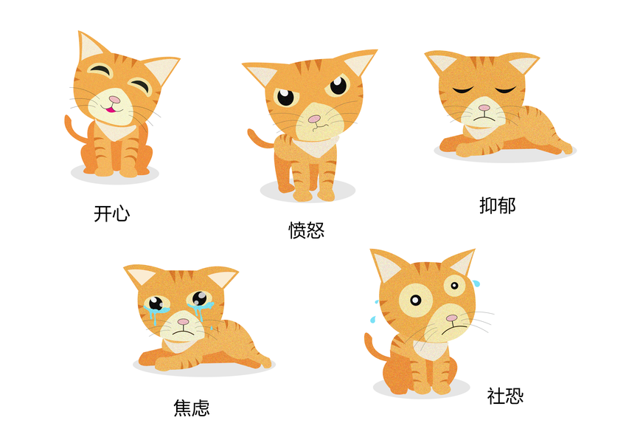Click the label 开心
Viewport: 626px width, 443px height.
112,213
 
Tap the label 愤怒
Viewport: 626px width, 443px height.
306,230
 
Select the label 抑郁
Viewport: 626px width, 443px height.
498,205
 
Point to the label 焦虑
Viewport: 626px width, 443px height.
192,408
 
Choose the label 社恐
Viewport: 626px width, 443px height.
505,396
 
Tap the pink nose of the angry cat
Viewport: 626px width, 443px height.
314,119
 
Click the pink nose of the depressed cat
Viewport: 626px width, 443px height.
484,108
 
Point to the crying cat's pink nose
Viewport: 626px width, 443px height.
184,321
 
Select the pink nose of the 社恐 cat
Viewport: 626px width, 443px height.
451,318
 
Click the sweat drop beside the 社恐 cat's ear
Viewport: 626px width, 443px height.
476,284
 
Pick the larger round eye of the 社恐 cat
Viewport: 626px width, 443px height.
416,301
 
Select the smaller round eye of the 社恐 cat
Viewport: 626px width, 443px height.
454,286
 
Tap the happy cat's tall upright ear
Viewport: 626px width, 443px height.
91,47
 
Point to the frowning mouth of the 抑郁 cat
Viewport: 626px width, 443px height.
484,118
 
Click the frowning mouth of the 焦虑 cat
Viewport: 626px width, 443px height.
183,332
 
